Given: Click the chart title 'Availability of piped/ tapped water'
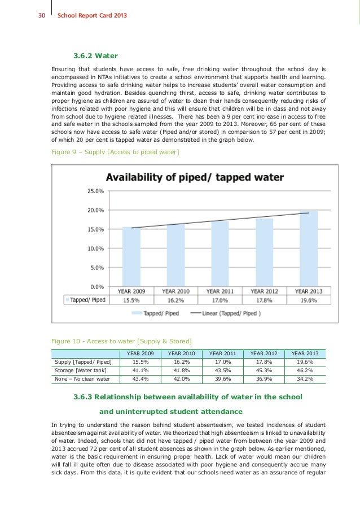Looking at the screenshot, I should (195, 177).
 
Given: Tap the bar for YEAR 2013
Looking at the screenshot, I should (309, 249).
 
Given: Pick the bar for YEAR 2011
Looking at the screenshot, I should (220, 254).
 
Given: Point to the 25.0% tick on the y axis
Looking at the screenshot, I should (95, 191).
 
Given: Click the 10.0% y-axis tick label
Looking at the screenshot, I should (95, 249).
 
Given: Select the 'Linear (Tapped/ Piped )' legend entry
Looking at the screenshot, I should (226, 313).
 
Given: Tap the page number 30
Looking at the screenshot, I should (41, 15).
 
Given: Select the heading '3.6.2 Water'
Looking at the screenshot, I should (95, 56).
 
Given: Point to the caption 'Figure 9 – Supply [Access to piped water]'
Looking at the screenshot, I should (115, 152).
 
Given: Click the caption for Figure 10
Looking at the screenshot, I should (121, 341).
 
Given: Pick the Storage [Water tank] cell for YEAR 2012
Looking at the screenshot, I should (265, 370).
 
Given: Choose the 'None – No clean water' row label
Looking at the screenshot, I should (82, 378).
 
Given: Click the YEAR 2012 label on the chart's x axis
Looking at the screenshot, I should (264, 291).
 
